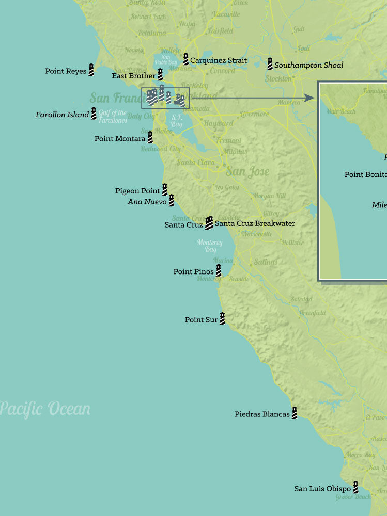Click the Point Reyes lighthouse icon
pyautogui.click(x=91, y=70)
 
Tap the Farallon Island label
pyautogui.click(x=62, y=115)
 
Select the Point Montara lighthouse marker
pyautogui.click(x=150, y=137)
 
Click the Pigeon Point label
pyautogui.click(x=137, y=191)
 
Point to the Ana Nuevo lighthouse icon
pyautogui.click(x=171, y=200)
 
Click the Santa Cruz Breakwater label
pyautogui.click(x=255, y=223)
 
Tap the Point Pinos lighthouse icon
pyautogui.click(x=219, y=270)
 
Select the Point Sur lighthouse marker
pyautogui.click(x=222, y=318)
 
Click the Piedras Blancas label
pyautogui.click(x=262, y=414)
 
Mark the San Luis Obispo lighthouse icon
pyautogui.click(x=355, y=487)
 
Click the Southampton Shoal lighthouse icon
pyautogui.click(x=270, y=64)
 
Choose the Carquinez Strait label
pyautogui.click(x=218, y=60)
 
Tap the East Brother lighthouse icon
pyautogui.click(x=160, y=75)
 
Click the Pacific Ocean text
pyautogui.click(x=45, y=409)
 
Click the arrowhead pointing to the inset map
pyautogui.click(x=309, y=98)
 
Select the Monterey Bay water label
pyautogui.click(x=210, y=246)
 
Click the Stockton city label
pyautogui.click(x=278, y=79)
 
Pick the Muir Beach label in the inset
pyautogui.click(x=340, y=111)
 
